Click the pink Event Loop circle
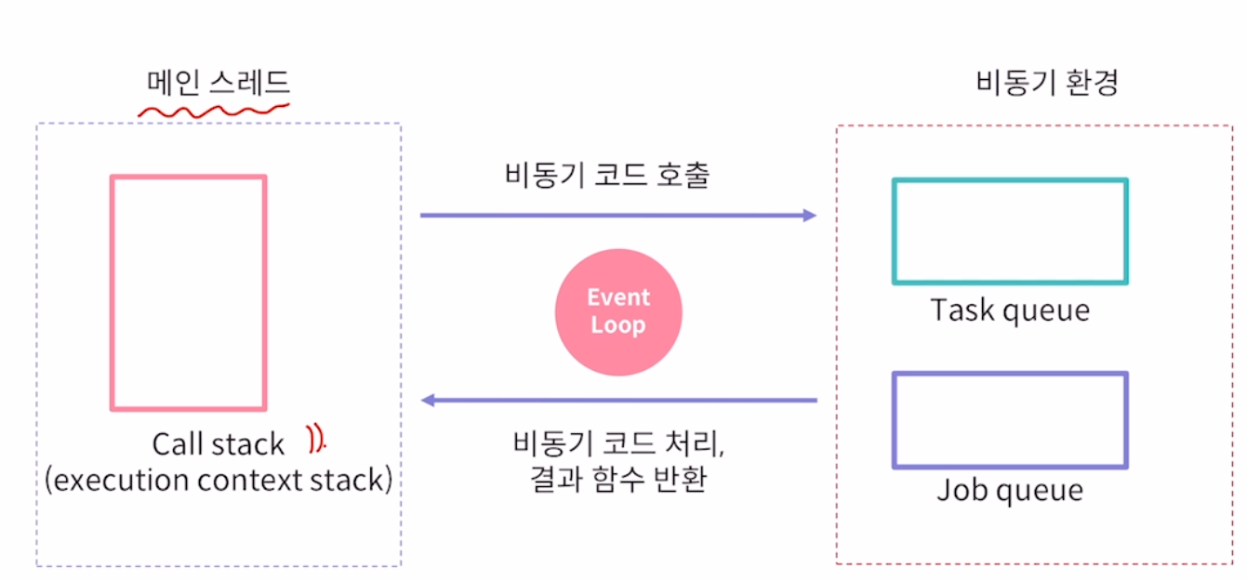[618, 312]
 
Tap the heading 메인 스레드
[219, 84]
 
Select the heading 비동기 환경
[1047, 84]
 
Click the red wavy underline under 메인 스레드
[214, 112]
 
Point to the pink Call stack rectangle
[189, 293]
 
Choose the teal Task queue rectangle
[1010, 231]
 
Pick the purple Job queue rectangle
[1010, 420]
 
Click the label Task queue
[1010, 310]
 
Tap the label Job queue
[1010, 490]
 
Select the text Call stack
[219, 444]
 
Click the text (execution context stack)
[219, 481]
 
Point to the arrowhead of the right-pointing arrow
[809, 216]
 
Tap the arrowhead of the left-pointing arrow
[429, 401]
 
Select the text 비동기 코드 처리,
[618, 443]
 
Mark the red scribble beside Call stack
[317, 439]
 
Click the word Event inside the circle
[618, 298]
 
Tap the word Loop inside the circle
[618, 326]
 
